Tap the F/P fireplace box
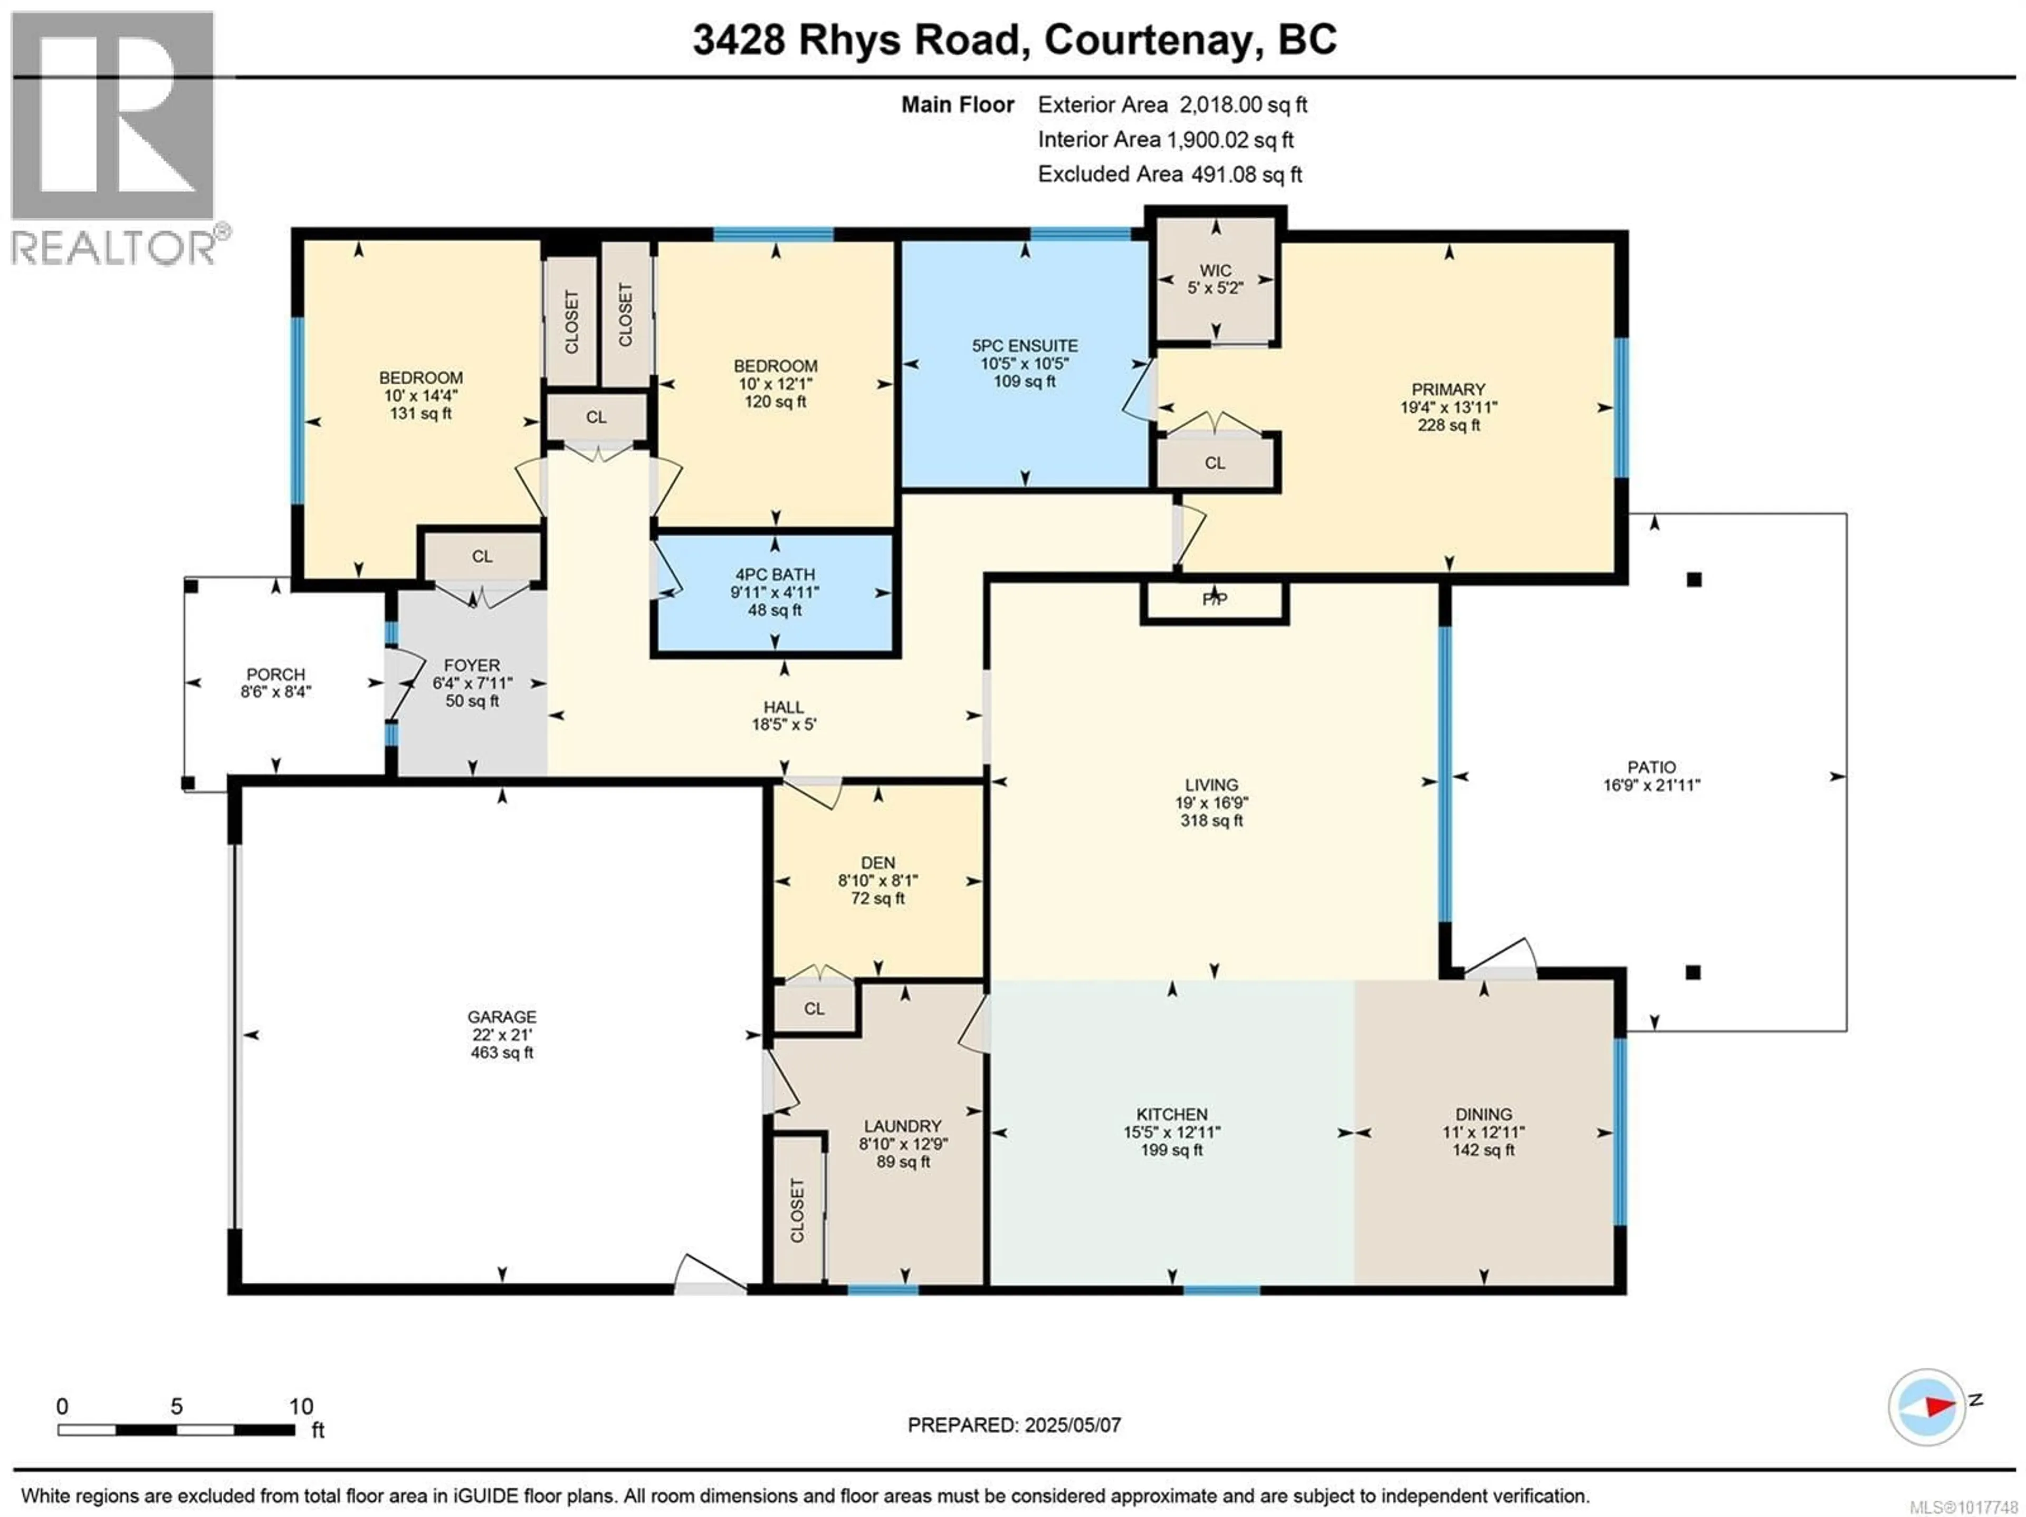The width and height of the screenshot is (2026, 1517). coord(1215,600)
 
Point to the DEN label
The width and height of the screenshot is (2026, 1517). coord(877,863)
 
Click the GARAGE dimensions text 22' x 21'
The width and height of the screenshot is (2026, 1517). coord(501,1035)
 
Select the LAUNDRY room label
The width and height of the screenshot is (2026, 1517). coord(902,1127)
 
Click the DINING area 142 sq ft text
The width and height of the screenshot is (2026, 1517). coord(1483,1151)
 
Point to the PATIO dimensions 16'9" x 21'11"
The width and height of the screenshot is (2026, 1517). coord(1651,785)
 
